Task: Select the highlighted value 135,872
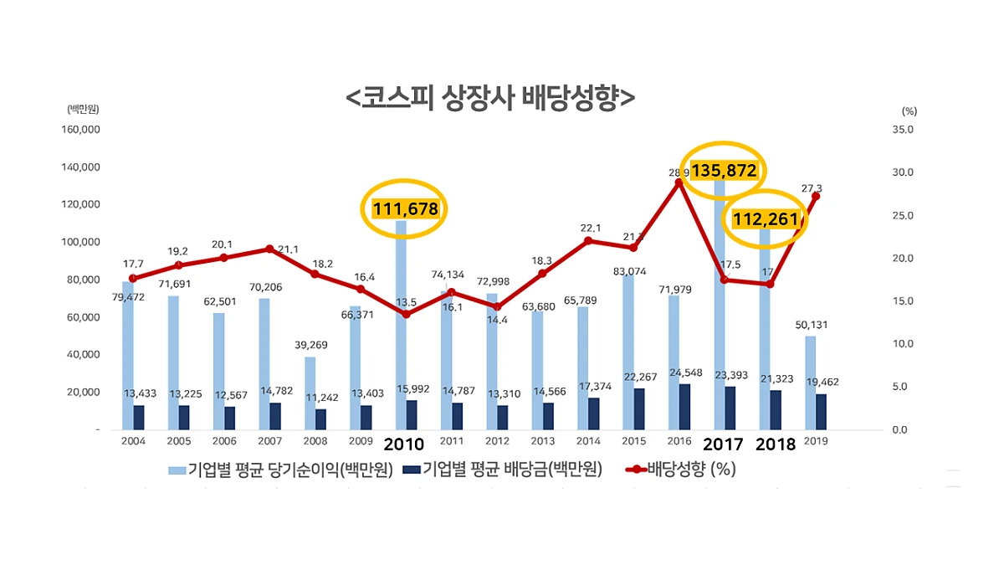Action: click(x=724, y=171)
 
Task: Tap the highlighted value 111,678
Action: click(x=406, y=208)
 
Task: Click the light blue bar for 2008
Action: click(x=310, y=393)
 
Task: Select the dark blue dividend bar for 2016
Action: click(x=685, y=407)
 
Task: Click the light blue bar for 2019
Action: click(x=810, y=383)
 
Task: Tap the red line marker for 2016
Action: click(x=679, y=182)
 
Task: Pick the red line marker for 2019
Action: click(x=815, y=196)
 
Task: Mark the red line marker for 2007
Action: click(x=269, y=249)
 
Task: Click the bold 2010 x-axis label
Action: click(x=404, y=444)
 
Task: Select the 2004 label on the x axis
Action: click(x=133, y=442)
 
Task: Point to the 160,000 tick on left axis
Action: click(x=80, y=130)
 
